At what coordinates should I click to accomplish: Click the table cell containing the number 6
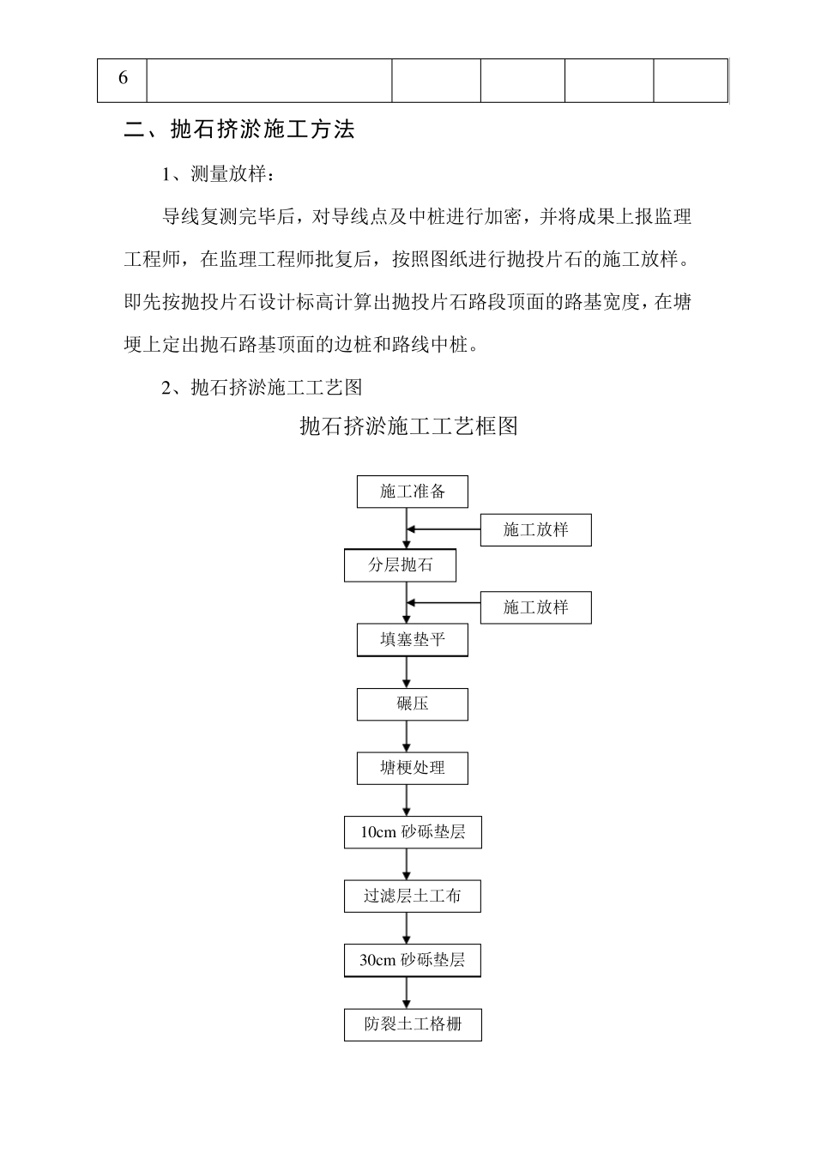click(x=123, y=79)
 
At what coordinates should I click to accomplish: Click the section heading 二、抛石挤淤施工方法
click(x=239, y=130)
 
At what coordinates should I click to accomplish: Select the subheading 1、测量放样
click(x=219, y=174)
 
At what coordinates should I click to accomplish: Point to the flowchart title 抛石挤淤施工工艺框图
click(x=408, y=426)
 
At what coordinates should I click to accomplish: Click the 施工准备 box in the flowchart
click(x=413, y=492)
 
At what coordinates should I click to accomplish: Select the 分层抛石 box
click(x=400, y=565)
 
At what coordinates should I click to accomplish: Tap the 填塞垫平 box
click(x=413, y=640)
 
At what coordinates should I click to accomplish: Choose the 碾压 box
click(x=413, y=703)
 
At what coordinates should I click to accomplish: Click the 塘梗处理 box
click(x=413, y=768)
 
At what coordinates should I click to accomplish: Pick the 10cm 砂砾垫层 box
click(x=413, y=832)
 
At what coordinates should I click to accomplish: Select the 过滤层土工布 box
click(x=413, y=896)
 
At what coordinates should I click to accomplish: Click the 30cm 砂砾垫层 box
click(x=413, y=960)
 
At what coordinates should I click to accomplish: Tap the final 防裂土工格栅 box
click(x=413, y=1024)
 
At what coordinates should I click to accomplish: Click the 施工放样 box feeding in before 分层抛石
click(x=536, y=530)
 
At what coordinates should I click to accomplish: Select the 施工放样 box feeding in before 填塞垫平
click(x=536, y=607)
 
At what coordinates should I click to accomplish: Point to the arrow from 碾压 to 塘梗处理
click(x=407, y=736)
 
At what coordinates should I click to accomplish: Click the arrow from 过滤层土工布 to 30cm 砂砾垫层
click(x=407, y=928)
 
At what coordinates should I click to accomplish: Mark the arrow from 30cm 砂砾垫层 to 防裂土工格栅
click(x=407, y=993)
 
